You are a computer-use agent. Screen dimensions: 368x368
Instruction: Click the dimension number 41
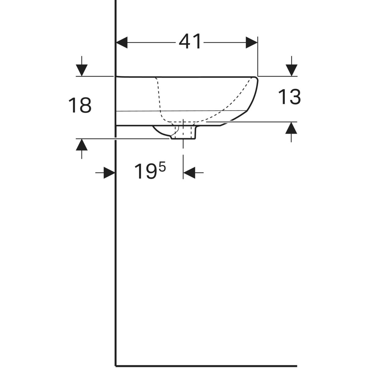click(x=190, y=41)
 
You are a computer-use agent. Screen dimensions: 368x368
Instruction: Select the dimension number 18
click(x=80, y=105)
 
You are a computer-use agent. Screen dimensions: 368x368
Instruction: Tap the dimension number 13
click(x=289, y=97)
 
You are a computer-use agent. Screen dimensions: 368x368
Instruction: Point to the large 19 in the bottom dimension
click(x=146, y=171)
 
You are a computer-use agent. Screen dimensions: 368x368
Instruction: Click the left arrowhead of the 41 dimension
click(x=122, y=42)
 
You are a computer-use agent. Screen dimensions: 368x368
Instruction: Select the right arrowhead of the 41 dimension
click(x=251, y=42)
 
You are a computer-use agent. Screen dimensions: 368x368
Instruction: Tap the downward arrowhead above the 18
click(x=82, y=70)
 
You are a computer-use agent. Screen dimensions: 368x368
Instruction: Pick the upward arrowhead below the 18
click(x=82, y=144)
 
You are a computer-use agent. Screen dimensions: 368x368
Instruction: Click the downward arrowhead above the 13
click(x=291, y=70)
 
